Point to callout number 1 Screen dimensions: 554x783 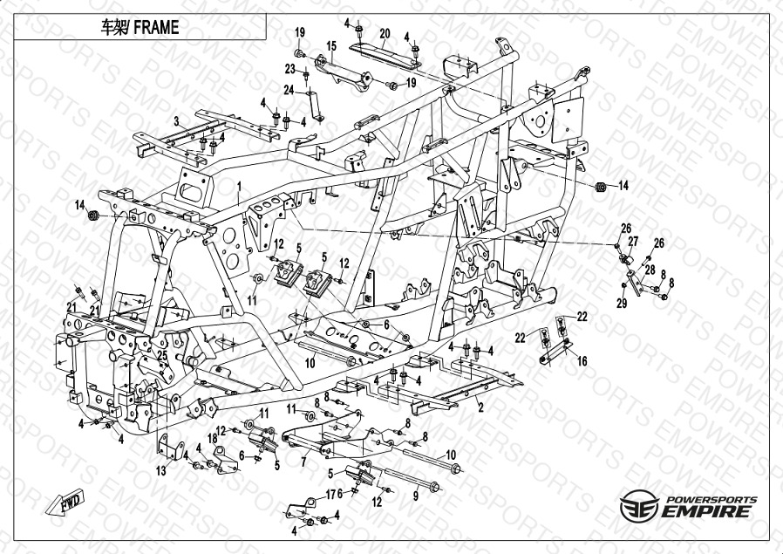click(x=238, y=186)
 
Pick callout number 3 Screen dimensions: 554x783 click(x=176, y=120)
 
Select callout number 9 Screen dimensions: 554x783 click(x=415, y=496)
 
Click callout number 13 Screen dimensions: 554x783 click(x=160, y=471)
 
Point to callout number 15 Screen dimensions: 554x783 click(x=331, y=45)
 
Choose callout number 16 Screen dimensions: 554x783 click(x=582, y=359)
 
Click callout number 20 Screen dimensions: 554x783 click(x=384, y=33)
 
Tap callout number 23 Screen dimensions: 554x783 click(x=289, y=69)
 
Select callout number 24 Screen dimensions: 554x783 click(x=289, y=90)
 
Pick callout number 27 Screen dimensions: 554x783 click(x=633, y=241)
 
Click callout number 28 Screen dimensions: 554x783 click(x=650, y=270)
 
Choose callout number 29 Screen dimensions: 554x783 click(x=622, y=303)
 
